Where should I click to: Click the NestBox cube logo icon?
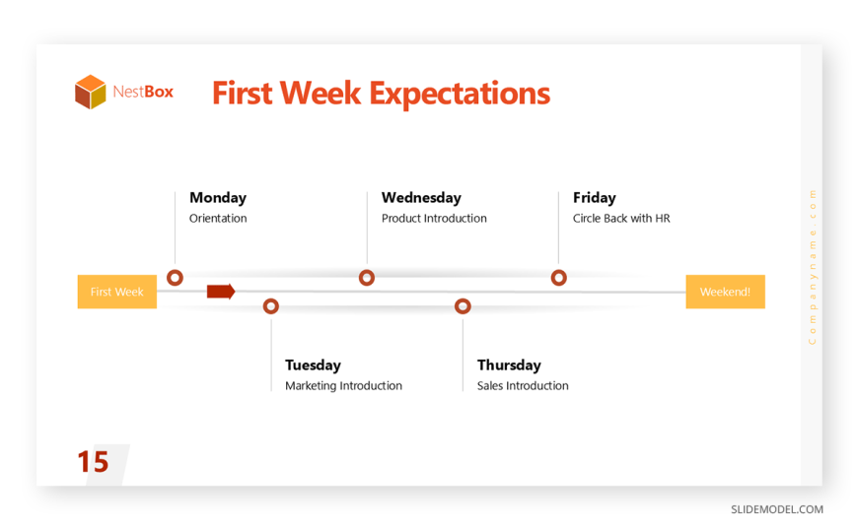click(x=91, y=92)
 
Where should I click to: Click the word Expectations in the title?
click(x=460, y=94)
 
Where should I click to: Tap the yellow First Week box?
click(x=117, y=292)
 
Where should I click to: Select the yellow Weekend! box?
click(x=725, y=292)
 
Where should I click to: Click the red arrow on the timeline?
click(x=221, y=292)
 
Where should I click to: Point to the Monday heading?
click(x=218, y=198)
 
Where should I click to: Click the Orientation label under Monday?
click(x=218, y=218)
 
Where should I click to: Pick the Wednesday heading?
click(x=421, y=198)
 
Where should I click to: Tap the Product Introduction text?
click(x=434, y=218)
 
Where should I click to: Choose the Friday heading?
click(x=595, y=198)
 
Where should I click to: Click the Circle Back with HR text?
click(x=621, y=218)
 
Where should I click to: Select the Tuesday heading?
click(x=313, y=365)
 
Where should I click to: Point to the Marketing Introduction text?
click(x=343, y=385)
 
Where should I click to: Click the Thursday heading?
click(x=509, y=365)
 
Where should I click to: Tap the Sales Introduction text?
click(x=523, y=385)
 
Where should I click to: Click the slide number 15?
click(x=93, y=462)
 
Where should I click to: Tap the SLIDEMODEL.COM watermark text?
click(x=777, y=509)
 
